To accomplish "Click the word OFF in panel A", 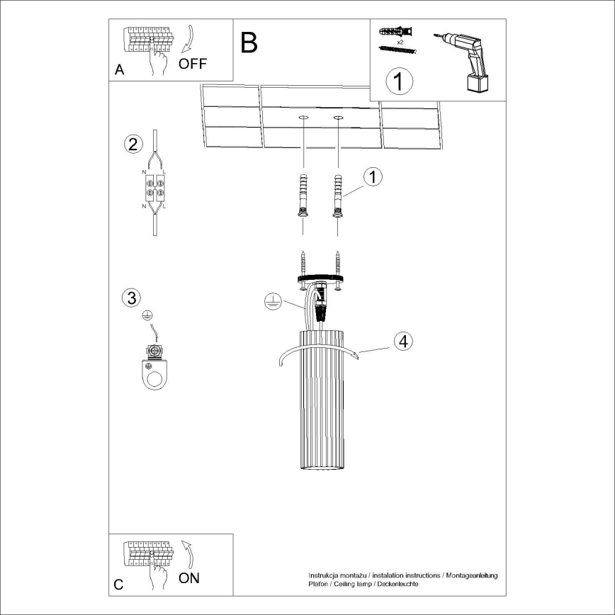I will [x=193, y=64].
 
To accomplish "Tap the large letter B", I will [x=249, y=43].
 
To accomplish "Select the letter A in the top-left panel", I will [x=119, y=69].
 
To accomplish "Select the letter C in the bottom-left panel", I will [x=119, y=585].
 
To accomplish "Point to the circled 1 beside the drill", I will [x=399, y=81].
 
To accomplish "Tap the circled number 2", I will [x=131, y=144].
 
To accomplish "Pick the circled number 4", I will [x=402, y=342].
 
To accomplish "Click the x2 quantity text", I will [x=400, y=43].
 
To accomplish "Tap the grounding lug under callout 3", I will [x=154, y=368].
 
